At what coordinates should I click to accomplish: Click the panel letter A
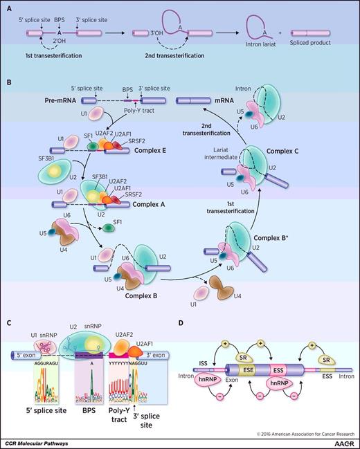[x=8, y=9]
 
